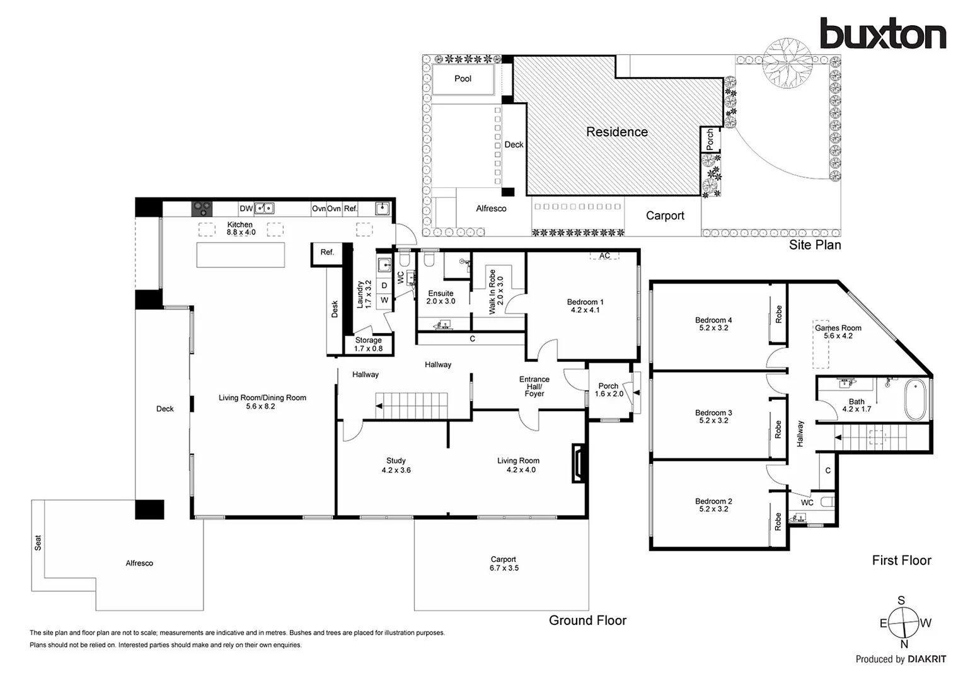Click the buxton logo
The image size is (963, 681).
click(x=882, y=34)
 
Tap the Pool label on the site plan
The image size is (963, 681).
click(x=463, y=79)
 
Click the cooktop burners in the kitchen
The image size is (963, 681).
click(x=202, y=207)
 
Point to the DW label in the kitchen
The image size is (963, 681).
click(x=246, y=209)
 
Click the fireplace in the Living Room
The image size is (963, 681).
click(x=578, y=463)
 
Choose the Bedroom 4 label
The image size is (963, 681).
click(x=713, y=324)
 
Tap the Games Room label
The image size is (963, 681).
click(x=838, y=332)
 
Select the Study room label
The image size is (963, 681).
click(x=396, y=465)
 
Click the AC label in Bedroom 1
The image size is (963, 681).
click(x=604, y=256)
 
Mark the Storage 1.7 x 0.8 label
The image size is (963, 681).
click(x=368, y=344)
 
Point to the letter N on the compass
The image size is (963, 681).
click(x=904, y=644)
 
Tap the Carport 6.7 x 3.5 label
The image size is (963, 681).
click(x=503, y=564)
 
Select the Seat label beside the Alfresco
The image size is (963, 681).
click(x=38, y=543)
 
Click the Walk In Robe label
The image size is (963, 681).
click(x=496, y=291)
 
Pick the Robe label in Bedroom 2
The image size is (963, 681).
click(x=778, y=521)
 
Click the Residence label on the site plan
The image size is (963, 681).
click(x=616, y=132)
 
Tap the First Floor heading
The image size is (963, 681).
click(x=901, y=561)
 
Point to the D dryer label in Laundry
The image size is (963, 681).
click(x=384, y=286)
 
